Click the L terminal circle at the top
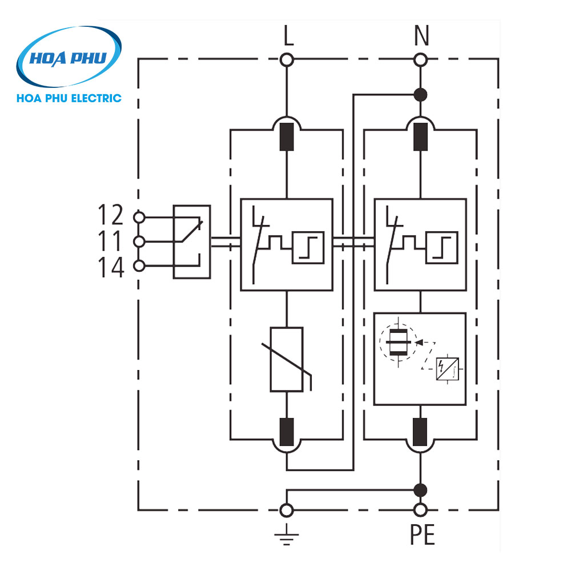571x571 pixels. point(287,59)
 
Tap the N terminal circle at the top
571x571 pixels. point(421,59)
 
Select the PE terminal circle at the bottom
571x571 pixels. point(421,509)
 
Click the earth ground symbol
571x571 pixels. point(287,534)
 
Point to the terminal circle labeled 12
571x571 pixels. point(138,217)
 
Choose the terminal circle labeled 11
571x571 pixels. point(138,242)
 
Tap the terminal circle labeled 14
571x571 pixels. point(138,266)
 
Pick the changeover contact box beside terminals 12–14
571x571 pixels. point(192,242)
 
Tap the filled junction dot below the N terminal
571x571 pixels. point(421,95)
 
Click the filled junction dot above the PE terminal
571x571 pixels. point(421,489)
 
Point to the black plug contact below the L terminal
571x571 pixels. point(287,136)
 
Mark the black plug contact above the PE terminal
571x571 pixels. point(421,432)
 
